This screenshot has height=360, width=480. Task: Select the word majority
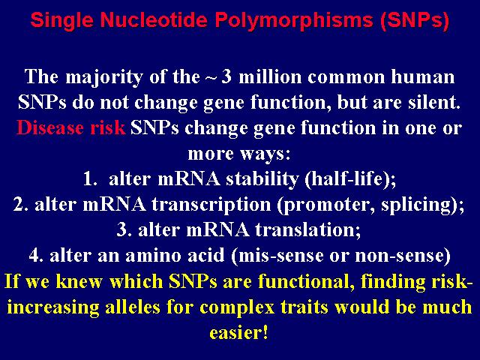(x=104, y=77)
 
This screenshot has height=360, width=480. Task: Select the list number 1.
(x=90, y=178)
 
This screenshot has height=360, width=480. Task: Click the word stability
(x=262, y=179)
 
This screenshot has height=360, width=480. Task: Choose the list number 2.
(x=21, y=205)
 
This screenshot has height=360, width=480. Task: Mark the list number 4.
(x=37, y=255)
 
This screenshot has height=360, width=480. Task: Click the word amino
(x=154, y=255)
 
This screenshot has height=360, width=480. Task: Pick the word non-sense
(x=398, y=256)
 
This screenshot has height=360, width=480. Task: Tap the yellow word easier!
(x=238, y=332)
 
